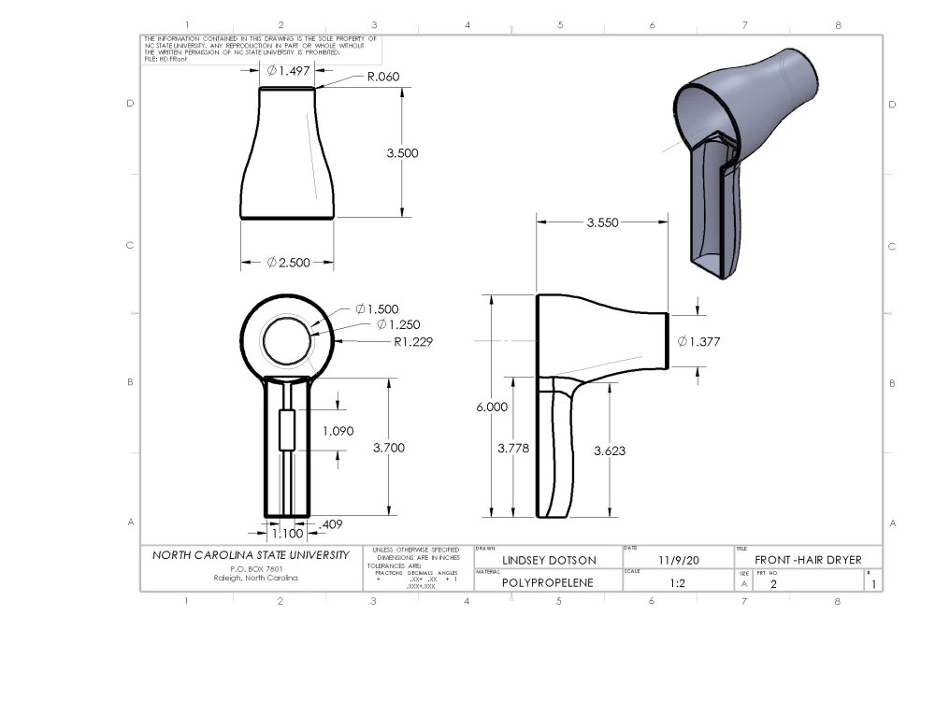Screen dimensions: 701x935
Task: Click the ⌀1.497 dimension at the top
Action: click(x=287, y=70)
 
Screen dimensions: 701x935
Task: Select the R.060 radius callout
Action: click(x=384, y=78)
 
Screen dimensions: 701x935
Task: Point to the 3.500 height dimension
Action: click(x=402, y=153)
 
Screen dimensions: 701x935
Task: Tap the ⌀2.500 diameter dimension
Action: click(x=287, y=263)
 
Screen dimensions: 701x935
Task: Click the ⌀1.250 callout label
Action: click(x=399, y=324)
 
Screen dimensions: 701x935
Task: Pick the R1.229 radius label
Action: click(x=413, y=342)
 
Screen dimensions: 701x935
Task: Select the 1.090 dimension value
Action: click(x=338, y=431)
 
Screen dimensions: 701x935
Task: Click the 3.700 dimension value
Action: click(x=388, y=448)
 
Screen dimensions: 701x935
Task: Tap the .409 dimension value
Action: click(x=331, y=524)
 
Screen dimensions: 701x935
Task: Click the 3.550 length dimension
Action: click(x=601, y=223)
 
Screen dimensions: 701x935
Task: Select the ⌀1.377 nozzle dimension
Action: click(x=700, y=342)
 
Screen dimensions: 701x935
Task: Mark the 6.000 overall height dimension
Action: click(x=492, y=407)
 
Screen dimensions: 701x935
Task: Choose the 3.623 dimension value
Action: click(x=610, y=451)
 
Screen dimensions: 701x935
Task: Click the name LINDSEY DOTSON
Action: click(x=549, y=561)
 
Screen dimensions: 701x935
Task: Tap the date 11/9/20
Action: click(x=678, y=561)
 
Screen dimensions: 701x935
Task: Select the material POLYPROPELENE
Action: click(x=549, y=582)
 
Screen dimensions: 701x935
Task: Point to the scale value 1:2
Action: click(x=678, y=582)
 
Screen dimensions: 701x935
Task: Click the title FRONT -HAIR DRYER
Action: click(x=808, y=561)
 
